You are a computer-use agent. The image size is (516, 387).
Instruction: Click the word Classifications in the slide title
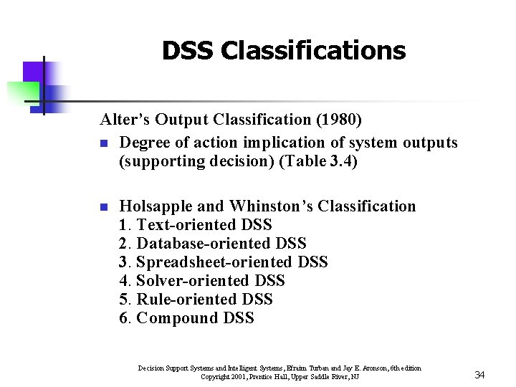[x=313, y=51]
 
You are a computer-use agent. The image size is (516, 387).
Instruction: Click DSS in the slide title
[x=188, y=51]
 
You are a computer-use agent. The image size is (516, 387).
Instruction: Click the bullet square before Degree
[x=103, y=143]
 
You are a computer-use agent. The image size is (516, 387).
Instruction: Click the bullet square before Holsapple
[x=103, y=207]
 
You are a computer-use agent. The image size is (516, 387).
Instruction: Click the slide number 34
[x=480, y=375]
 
